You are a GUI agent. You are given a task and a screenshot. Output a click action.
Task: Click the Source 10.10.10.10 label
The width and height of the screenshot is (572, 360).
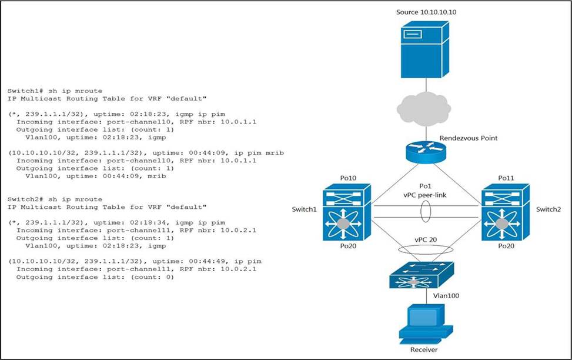426,12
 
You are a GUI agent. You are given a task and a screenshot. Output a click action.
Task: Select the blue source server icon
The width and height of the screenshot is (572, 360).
424,49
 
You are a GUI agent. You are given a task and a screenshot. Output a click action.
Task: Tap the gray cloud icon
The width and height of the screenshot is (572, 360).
423,109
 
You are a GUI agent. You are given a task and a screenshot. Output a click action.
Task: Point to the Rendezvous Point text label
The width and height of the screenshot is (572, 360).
469,138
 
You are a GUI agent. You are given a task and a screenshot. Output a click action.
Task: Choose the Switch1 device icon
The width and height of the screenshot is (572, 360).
347,212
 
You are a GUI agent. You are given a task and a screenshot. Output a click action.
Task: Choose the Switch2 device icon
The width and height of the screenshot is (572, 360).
505,212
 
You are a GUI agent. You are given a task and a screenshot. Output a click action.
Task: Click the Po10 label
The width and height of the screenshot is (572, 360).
348,178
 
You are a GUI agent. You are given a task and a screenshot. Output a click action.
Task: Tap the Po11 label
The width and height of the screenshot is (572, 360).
506,178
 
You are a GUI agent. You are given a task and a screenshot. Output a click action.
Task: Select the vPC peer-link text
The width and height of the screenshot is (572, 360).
425,195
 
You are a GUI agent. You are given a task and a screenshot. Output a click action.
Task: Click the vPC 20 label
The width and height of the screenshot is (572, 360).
426,240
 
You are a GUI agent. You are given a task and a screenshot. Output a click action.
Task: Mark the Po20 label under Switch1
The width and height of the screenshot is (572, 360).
348,246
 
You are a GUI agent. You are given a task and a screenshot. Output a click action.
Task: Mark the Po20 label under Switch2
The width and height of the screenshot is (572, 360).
506,246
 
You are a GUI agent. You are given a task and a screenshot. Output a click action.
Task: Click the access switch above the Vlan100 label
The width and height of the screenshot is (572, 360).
422,275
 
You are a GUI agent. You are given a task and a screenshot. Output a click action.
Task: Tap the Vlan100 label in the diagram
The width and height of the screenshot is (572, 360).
446,296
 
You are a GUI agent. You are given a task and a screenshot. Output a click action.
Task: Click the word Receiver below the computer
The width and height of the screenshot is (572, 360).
424,350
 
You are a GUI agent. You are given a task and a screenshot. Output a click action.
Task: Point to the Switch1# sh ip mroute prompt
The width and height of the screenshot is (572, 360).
55,91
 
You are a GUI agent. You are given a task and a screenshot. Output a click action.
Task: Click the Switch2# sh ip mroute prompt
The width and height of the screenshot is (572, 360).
55,199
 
